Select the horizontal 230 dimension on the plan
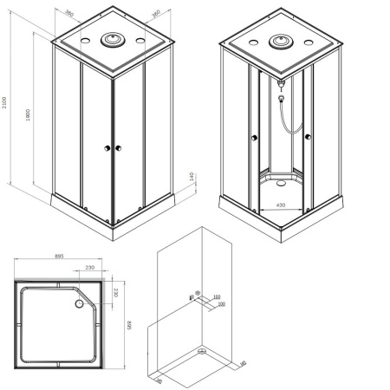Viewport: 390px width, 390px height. coord(90,268)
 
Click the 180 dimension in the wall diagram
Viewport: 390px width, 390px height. coord(217,296)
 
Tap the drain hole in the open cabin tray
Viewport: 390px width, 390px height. coord(277,184)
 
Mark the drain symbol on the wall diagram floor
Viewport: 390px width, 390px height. coord(202,350)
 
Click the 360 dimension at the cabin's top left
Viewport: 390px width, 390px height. coord(68,16)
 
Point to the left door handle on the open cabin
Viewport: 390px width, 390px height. coord(251,136)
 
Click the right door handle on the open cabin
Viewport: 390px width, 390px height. coord(309,138)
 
